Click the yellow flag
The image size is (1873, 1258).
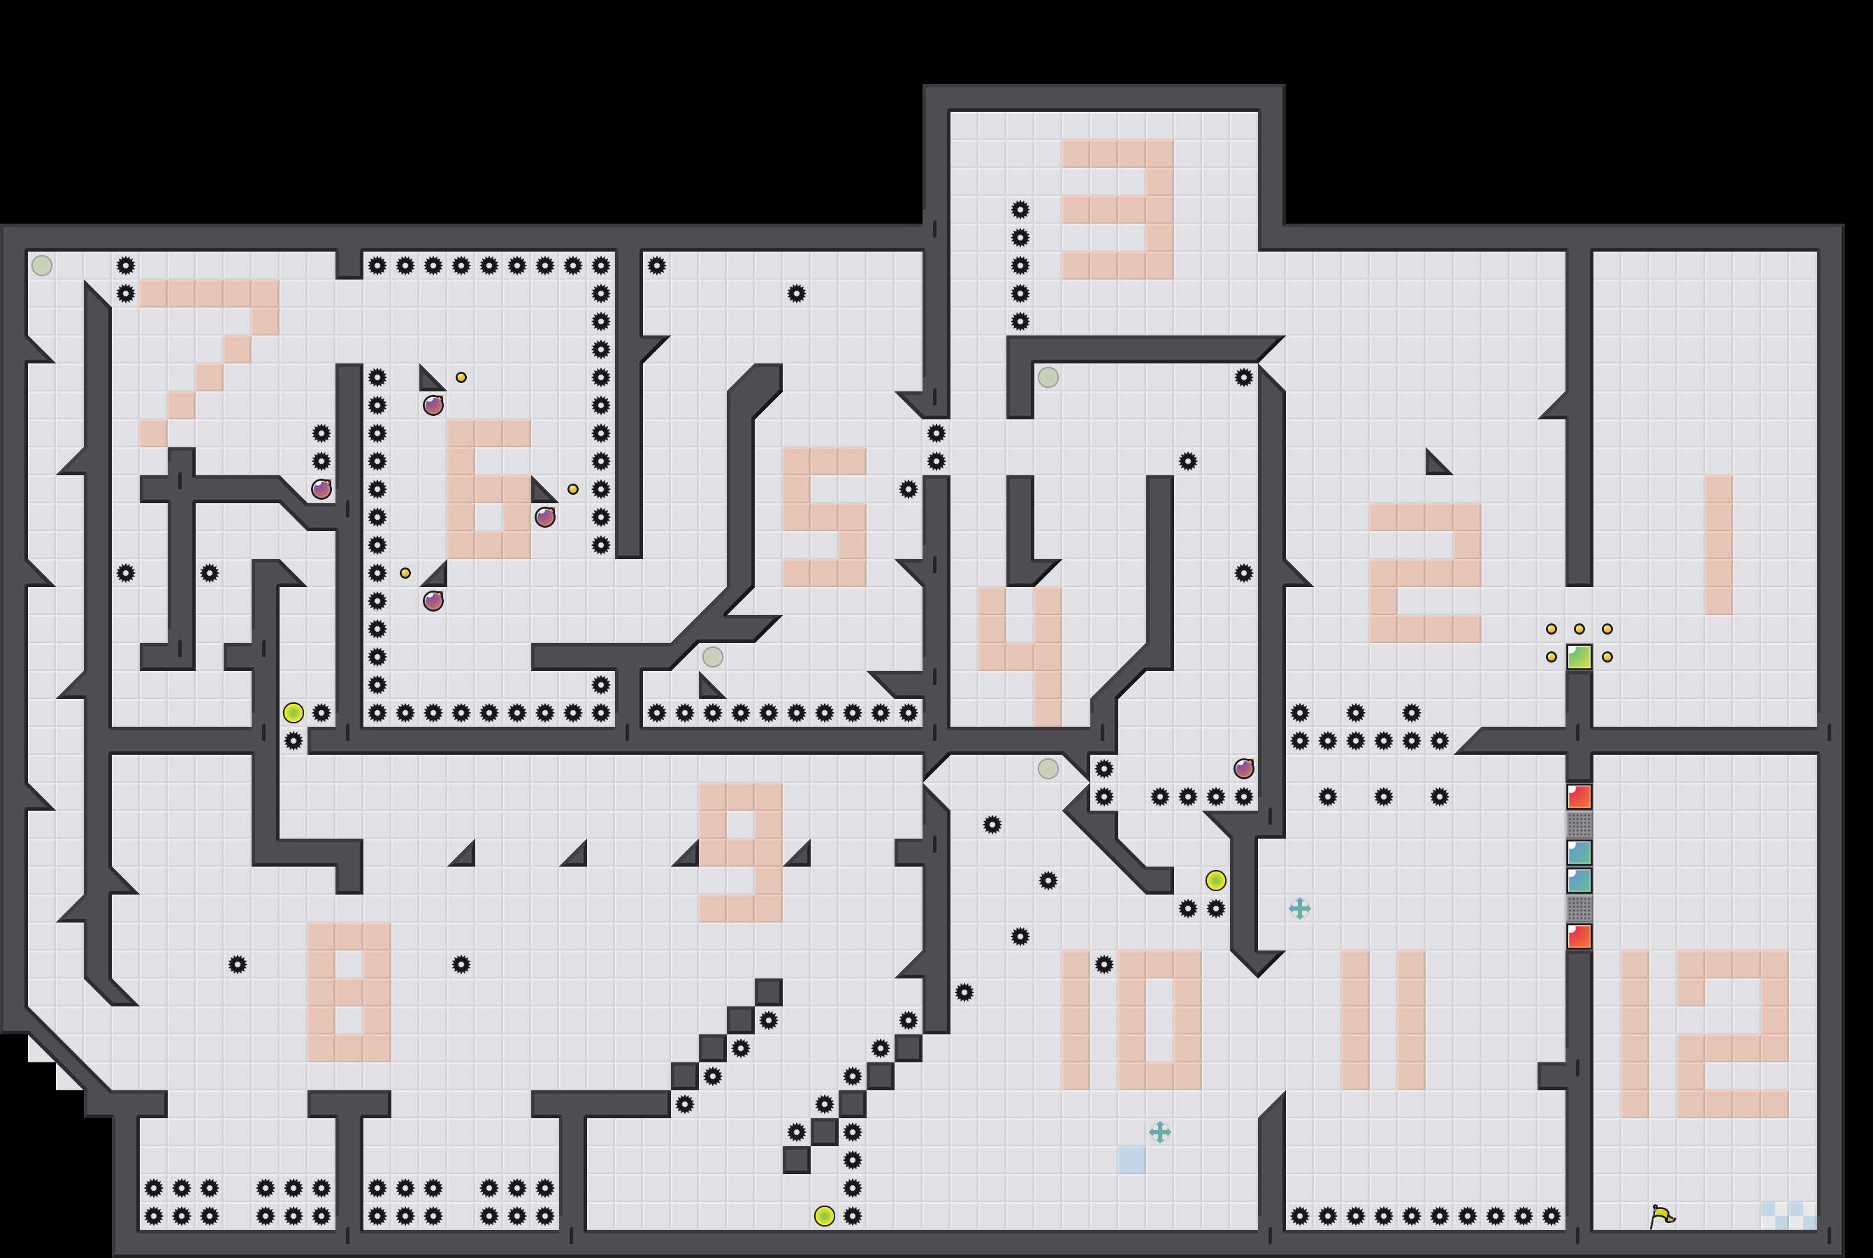tap(1662, 1216)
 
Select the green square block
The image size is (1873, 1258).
tap(1579, 657)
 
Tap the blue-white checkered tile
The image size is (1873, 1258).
tap(1788, 1215)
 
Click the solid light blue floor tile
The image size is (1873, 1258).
tap(1131, 1160)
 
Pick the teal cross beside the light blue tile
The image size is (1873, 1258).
tap(1160, 1132)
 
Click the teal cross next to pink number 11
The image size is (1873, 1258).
tap(1299, 908)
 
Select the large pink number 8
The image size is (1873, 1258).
tap(349, 992)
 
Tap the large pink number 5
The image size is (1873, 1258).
tap(825, 517)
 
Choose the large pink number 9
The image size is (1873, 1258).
tap(740, 852)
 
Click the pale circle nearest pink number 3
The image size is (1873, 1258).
tap(1048, 377)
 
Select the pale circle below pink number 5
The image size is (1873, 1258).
tap(712, 657)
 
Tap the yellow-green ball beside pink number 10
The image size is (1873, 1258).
tap(1215, 880)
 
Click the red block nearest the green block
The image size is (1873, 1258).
tap(1579, 797)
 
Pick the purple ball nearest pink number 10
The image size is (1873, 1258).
tap(1243, 769)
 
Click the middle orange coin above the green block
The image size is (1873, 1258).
tap(1579, 629)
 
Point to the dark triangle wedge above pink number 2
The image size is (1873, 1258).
tap(1437, 463)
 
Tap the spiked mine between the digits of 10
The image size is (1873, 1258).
tap(1104, 964)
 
